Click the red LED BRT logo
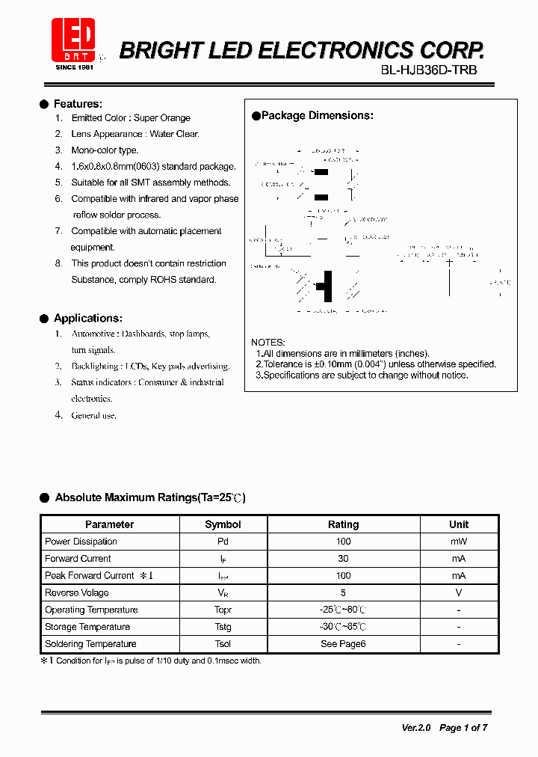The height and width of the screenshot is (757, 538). pos(72,40)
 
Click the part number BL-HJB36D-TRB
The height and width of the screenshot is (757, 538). pos(428,70)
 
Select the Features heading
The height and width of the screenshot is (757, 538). pos(78,104)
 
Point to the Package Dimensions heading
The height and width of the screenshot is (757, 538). pos(317,116)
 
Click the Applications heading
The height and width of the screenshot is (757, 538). pos(87,319)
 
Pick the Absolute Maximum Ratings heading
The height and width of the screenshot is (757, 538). pos(149,497)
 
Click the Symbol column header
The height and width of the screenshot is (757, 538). pos(223,524)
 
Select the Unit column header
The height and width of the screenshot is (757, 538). pos(459,524)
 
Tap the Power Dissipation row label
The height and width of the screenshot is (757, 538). pos(81,542)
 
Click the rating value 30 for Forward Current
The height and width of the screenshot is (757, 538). pos(343,559)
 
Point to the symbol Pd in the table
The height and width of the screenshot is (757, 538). pos(223,542)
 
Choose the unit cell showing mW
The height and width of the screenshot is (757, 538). pos(459,542)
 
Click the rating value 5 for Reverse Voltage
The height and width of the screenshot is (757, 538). pos(343,592)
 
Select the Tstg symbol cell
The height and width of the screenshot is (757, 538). pos(223,627)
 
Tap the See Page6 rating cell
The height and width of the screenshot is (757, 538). pos(343,644)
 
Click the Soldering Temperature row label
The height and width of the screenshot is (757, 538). pos(90,644)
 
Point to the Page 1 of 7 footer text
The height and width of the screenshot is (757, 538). pos(463,728)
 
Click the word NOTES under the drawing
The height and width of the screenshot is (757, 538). pos(268,343)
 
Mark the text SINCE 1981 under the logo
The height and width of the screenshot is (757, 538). pos(75,67)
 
